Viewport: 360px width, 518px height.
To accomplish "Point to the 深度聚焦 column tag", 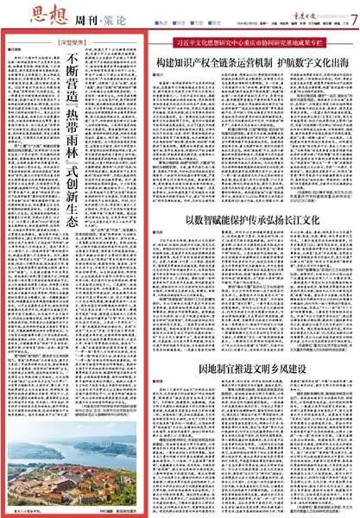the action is click(x=82, y=41).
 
